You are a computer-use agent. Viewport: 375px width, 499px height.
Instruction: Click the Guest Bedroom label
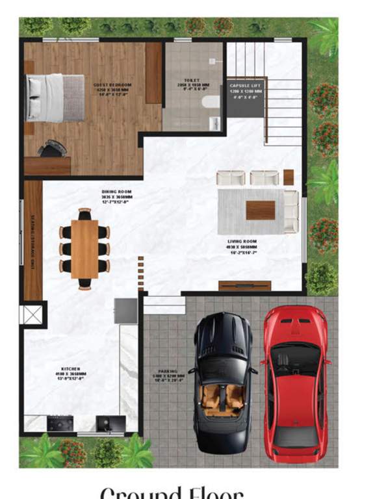[x=112, y=89]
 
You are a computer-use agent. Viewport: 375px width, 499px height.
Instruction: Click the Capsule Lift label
[x=246, y=90]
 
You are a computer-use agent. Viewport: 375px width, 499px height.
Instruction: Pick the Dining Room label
[x=116, y=196]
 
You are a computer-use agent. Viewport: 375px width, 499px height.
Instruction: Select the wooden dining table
[x=84, y=249]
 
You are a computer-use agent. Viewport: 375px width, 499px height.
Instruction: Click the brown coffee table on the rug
[x=261, y=210]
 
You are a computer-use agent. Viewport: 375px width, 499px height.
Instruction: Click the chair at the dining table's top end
[x=84, y=213]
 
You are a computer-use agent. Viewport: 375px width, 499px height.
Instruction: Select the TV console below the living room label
[x=244, y=285]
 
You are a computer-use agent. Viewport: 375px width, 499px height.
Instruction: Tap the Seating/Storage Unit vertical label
[x=33, y=241]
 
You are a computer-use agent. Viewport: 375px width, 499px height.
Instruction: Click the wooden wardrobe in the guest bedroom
[x=153, y=73]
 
